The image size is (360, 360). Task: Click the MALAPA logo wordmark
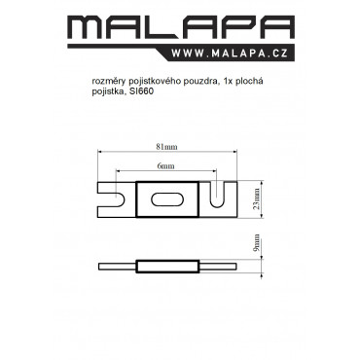181,27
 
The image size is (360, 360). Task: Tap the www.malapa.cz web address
230,54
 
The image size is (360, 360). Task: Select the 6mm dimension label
165,166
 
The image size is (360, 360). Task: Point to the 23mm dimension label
257,198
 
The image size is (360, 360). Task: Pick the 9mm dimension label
257,243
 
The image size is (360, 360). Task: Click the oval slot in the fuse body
167,199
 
